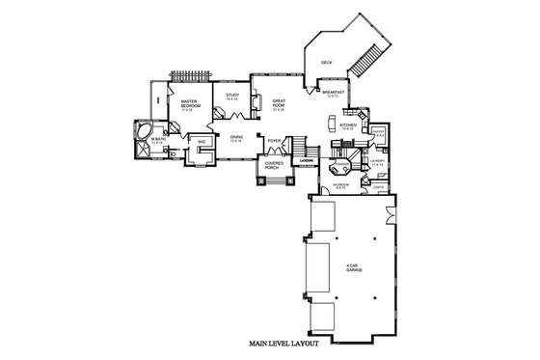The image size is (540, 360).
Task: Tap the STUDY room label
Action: coord(232,96)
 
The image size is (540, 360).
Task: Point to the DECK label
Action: coord(326,60)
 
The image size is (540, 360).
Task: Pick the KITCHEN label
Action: coord(348,125)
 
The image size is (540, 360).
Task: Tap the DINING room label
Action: coord(236,138)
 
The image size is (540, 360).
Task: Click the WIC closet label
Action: coord(202,143)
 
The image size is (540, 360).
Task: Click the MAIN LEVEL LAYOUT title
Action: coord(287,344)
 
